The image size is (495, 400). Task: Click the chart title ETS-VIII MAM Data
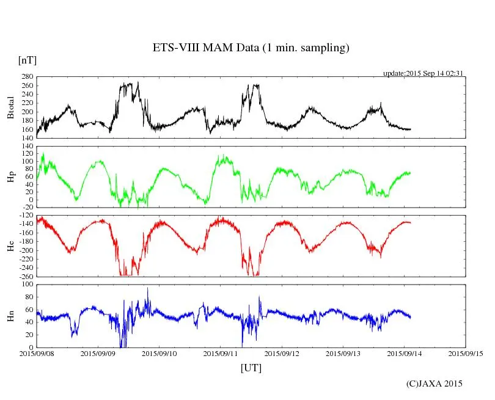click(x=251, y=48)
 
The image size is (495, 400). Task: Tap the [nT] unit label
click(x=28, y=60)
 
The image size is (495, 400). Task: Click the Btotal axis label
click(x=10, y=107)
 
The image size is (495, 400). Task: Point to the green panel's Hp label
click(x=10, y=177)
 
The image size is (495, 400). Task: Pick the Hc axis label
click(x=10, y=245)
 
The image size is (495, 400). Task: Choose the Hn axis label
click(x=10, y=316)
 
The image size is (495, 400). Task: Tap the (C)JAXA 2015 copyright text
click(x=435, y=384)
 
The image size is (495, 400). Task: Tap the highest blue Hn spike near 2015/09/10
click(x=147, y=289)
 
